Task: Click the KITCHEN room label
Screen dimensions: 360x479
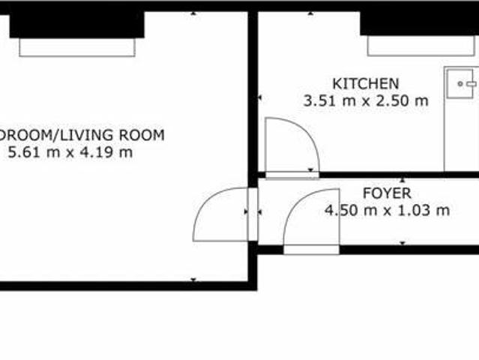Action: tap(365, 83)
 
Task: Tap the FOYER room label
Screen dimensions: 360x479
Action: tap(386, 193)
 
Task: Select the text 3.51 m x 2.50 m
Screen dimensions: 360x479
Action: tap(365, 100)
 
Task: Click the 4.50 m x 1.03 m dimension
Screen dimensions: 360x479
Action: tap(387, 211)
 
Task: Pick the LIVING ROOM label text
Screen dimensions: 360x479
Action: tap(112, 136)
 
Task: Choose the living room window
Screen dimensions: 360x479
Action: tap(77, 47)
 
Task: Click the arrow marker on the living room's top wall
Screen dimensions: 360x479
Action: tap(193, 13)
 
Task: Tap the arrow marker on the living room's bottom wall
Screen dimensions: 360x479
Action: tap(193, 280)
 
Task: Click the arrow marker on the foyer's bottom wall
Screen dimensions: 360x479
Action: tap(403, 243)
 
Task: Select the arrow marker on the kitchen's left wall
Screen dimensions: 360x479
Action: tap(260, 97)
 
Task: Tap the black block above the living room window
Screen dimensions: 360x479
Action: tap(76, 25)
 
